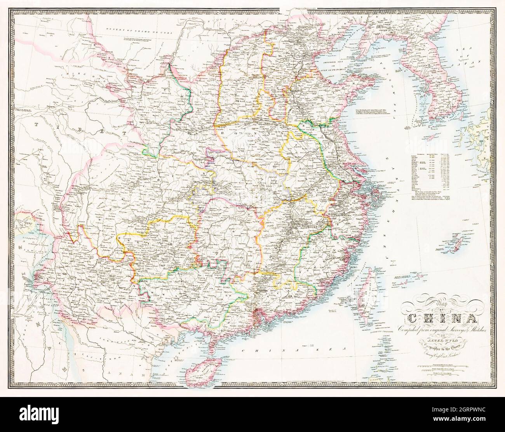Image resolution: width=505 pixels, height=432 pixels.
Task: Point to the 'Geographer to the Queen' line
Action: point(441,339)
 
